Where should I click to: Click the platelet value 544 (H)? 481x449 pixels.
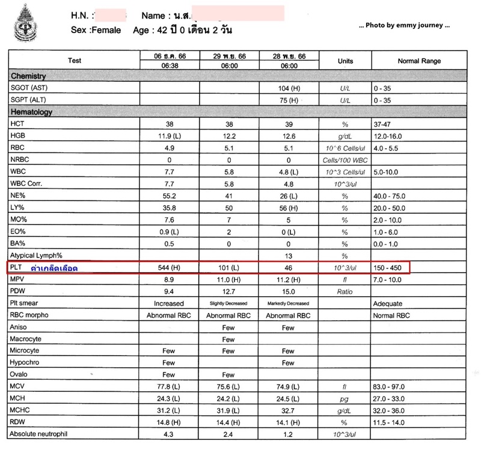pyautogui.click(x=168, y=267)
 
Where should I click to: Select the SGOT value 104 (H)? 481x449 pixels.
pyautogui.click(x=289, y=88)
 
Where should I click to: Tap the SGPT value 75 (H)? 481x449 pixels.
pyautogui.click(x=289, y=100)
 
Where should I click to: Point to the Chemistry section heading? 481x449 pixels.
pyautogui.click(x=28, y=76)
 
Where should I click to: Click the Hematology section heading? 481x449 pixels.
pyautogui.click(x=31, y=112)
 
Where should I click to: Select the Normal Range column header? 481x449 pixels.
pyautogui.click(x=419, y=61)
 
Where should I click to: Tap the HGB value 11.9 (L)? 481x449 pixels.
pyautogui.click(x=168, y=135)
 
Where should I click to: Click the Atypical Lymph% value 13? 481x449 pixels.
pyautogui.click(x=289, y=255)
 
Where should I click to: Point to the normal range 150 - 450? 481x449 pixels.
pyautogui.click(x=389, y=267)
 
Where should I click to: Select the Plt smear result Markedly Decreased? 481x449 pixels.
pyautogui.click(x=289, y=303)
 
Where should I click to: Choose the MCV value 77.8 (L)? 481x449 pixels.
pyautogui.click(x=168, y=386)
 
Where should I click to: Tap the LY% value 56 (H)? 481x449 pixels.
pyautogui.click(x=289, y=207)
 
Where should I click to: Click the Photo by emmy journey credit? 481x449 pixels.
pyautogui.click(x=404, y=26)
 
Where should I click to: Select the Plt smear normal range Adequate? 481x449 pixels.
pyautogui.click(x=388, y=303)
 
